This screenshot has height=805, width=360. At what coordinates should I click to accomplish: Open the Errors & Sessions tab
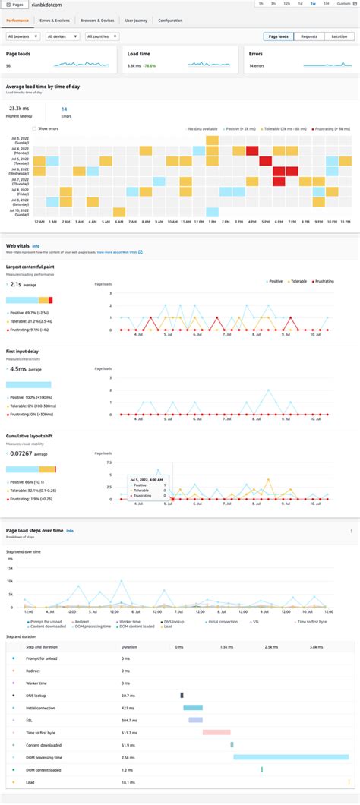[54, 21]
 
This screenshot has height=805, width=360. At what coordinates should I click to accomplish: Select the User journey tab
[135, 21]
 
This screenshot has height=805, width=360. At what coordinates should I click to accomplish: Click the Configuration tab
[170, 21]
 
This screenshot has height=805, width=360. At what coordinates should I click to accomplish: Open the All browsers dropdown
[23, 36]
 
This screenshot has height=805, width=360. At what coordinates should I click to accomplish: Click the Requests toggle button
[308, 36]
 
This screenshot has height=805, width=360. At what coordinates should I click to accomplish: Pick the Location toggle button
[339, 36]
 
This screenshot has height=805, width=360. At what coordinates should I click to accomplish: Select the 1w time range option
[313, 5]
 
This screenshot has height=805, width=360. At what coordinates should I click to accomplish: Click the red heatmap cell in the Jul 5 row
[265, 160]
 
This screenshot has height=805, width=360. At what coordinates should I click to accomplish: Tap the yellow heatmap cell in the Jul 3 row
[212, 140]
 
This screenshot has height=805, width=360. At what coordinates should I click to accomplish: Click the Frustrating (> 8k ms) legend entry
[333, 128]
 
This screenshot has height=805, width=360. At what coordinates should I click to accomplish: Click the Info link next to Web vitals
[36, 246]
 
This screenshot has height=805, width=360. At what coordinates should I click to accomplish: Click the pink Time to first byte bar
[216, 731]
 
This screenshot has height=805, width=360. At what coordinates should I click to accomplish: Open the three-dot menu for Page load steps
[351, 530]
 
